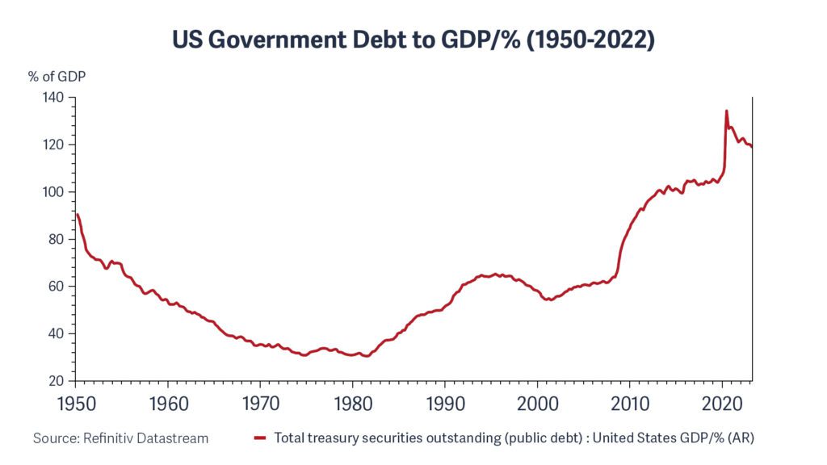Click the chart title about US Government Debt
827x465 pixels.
(x=413, y=40)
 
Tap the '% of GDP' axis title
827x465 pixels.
(x=57, y=77)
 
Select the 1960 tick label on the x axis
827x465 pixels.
(x=167, y=401)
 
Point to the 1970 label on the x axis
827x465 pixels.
(x=260, y=401)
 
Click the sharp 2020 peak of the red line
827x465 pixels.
(x=727, y=111)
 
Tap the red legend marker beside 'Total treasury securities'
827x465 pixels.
(x=260, y=438)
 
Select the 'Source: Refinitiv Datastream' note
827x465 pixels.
(x=120, y=438)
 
